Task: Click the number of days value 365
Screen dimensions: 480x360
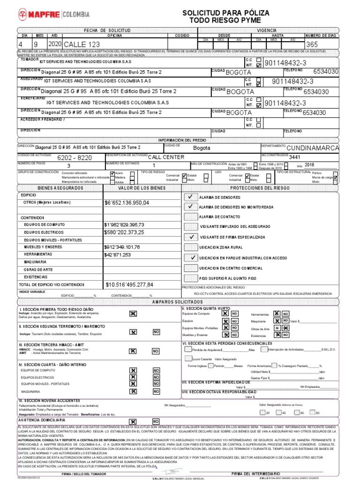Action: (312, 45)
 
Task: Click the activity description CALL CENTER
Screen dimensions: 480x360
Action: (166, 157)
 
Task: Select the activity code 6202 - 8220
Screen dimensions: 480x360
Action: (74, 158)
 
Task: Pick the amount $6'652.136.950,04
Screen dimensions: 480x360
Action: (127, 203)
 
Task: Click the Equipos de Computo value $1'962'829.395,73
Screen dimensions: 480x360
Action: (124, 225)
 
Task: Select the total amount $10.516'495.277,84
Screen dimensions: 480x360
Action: (129, 285)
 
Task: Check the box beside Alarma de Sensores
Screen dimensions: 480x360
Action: (190, 197)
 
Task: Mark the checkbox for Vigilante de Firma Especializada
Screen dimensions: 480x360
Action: (190, 237)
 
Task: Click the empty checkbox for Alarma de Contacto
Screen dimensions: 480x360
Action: (190, 217)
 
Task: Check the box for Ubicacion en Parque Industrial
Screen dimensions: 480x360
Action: (190, 257)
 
